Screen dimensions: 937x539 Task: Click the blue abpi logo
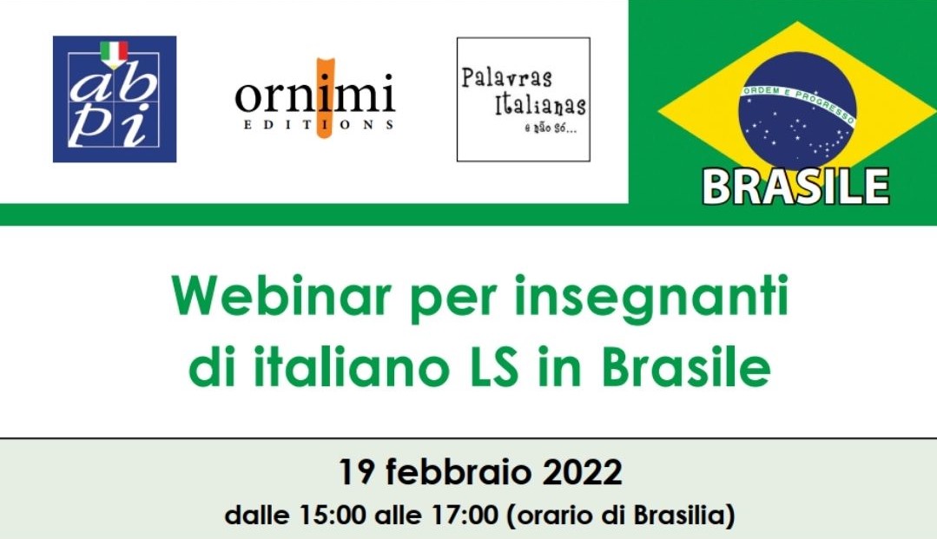pos(115,99)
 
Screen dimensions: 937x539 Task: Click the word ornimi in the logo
pos(315,95)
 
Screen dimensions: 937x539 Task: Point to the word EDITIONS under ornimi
pos(319,125)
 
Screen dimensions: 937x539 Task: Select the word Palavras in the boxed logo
pos(506,78)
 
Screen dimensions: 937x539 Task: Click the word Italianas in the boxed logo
pos(540,103)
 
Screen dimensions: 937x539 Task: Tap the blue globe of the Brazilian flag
pos(797,110)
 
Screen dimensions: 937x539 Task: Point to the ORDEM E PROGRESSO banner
pos(798,102)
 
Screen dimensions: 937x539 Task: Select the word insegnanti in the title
pos(651,299)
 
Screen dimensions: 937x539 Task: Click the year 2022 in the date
pos(583,473)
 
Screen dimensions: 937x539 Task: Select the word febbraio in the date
pos(459,473)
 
